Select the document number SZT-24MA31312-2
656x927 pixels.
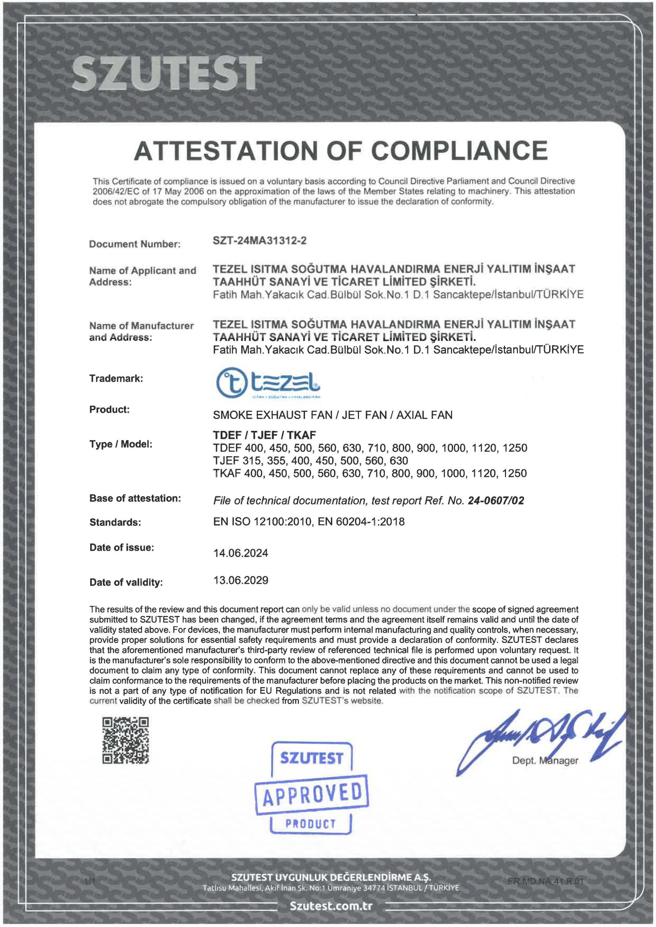coord(259,241)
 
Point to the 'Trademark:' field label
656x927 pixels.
coord(116,379)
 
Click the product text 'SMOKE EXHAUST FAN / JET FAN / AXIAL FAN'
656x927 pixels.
coord(333,415)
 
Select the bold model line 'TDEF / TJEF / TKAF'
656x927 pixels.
coord(264,435)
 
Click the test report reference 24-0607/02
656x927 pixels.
coord(496,501)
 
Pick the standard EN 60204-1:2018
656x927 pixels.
coord(361,522)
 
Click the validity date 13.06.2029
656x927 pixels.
coord(241,580)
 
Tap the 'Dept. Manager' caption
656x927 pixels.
coord(545,761)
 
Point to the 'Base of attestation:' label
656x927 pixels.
coord(135,498)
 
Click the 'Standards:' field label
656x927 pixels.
coord(115,523)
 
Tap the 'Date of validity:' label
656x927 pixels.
coord(126,582)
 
